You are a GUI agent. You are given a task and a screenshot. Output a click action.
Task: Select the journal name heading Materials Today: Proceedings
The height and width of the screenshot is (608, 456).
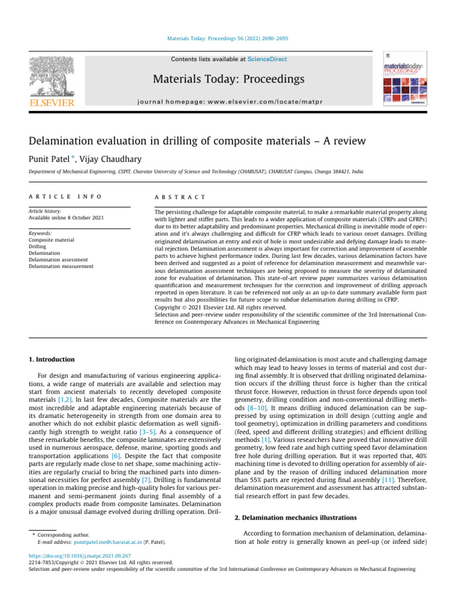point(229,79)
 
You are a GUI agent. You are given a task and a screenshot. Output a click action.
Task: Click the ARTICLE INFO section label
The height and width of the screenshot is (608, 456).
point(65,197)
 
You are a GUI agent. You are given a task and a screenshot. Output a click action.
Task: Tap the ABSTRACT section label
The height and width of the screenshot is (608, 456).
point(179,197)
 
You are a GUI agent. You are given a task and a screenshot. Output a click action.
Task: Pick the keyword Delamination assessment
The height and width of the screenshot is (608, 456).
point(58,259)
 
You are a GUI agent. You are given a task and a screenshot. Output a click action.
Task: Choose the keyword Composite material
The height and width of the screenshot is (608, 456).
point(52,240)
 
